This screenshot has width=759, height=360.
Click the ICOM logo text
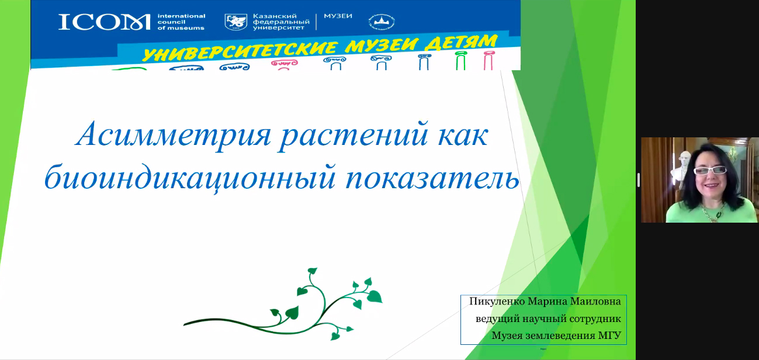[x=105, y=22]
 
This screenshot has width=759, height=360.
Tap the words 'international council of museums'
[x=181, y=22]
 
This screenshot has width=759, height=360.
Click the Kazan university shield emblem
[x=236, y=22]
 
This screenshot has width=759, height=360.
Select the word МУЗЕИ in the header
[x=338, y=16]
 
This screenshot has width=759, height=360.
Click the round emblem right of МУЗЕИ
[x=382, y=22]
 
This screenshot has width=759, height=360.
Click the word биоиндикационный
[x=190, y=177]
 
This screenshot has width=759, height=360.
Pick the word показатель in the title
[x=432, y=177]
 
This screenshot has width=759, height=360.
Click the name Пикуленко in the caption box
[x=497, y=302]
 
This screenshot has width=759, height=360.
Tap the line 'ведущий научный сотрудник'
[x=548, y=319]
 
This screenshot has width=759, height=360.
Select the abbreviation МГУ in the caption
[x=609, y=335]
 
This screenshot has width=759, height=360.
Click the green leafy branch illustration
[x=283, y=304]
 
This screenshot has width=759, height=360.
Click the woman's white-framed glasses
[x=710, y=170]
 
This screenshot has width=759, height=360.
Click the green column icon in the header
[x=460, y=61]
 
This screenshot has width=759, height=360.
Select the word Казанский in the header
[x=275, y=16]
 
